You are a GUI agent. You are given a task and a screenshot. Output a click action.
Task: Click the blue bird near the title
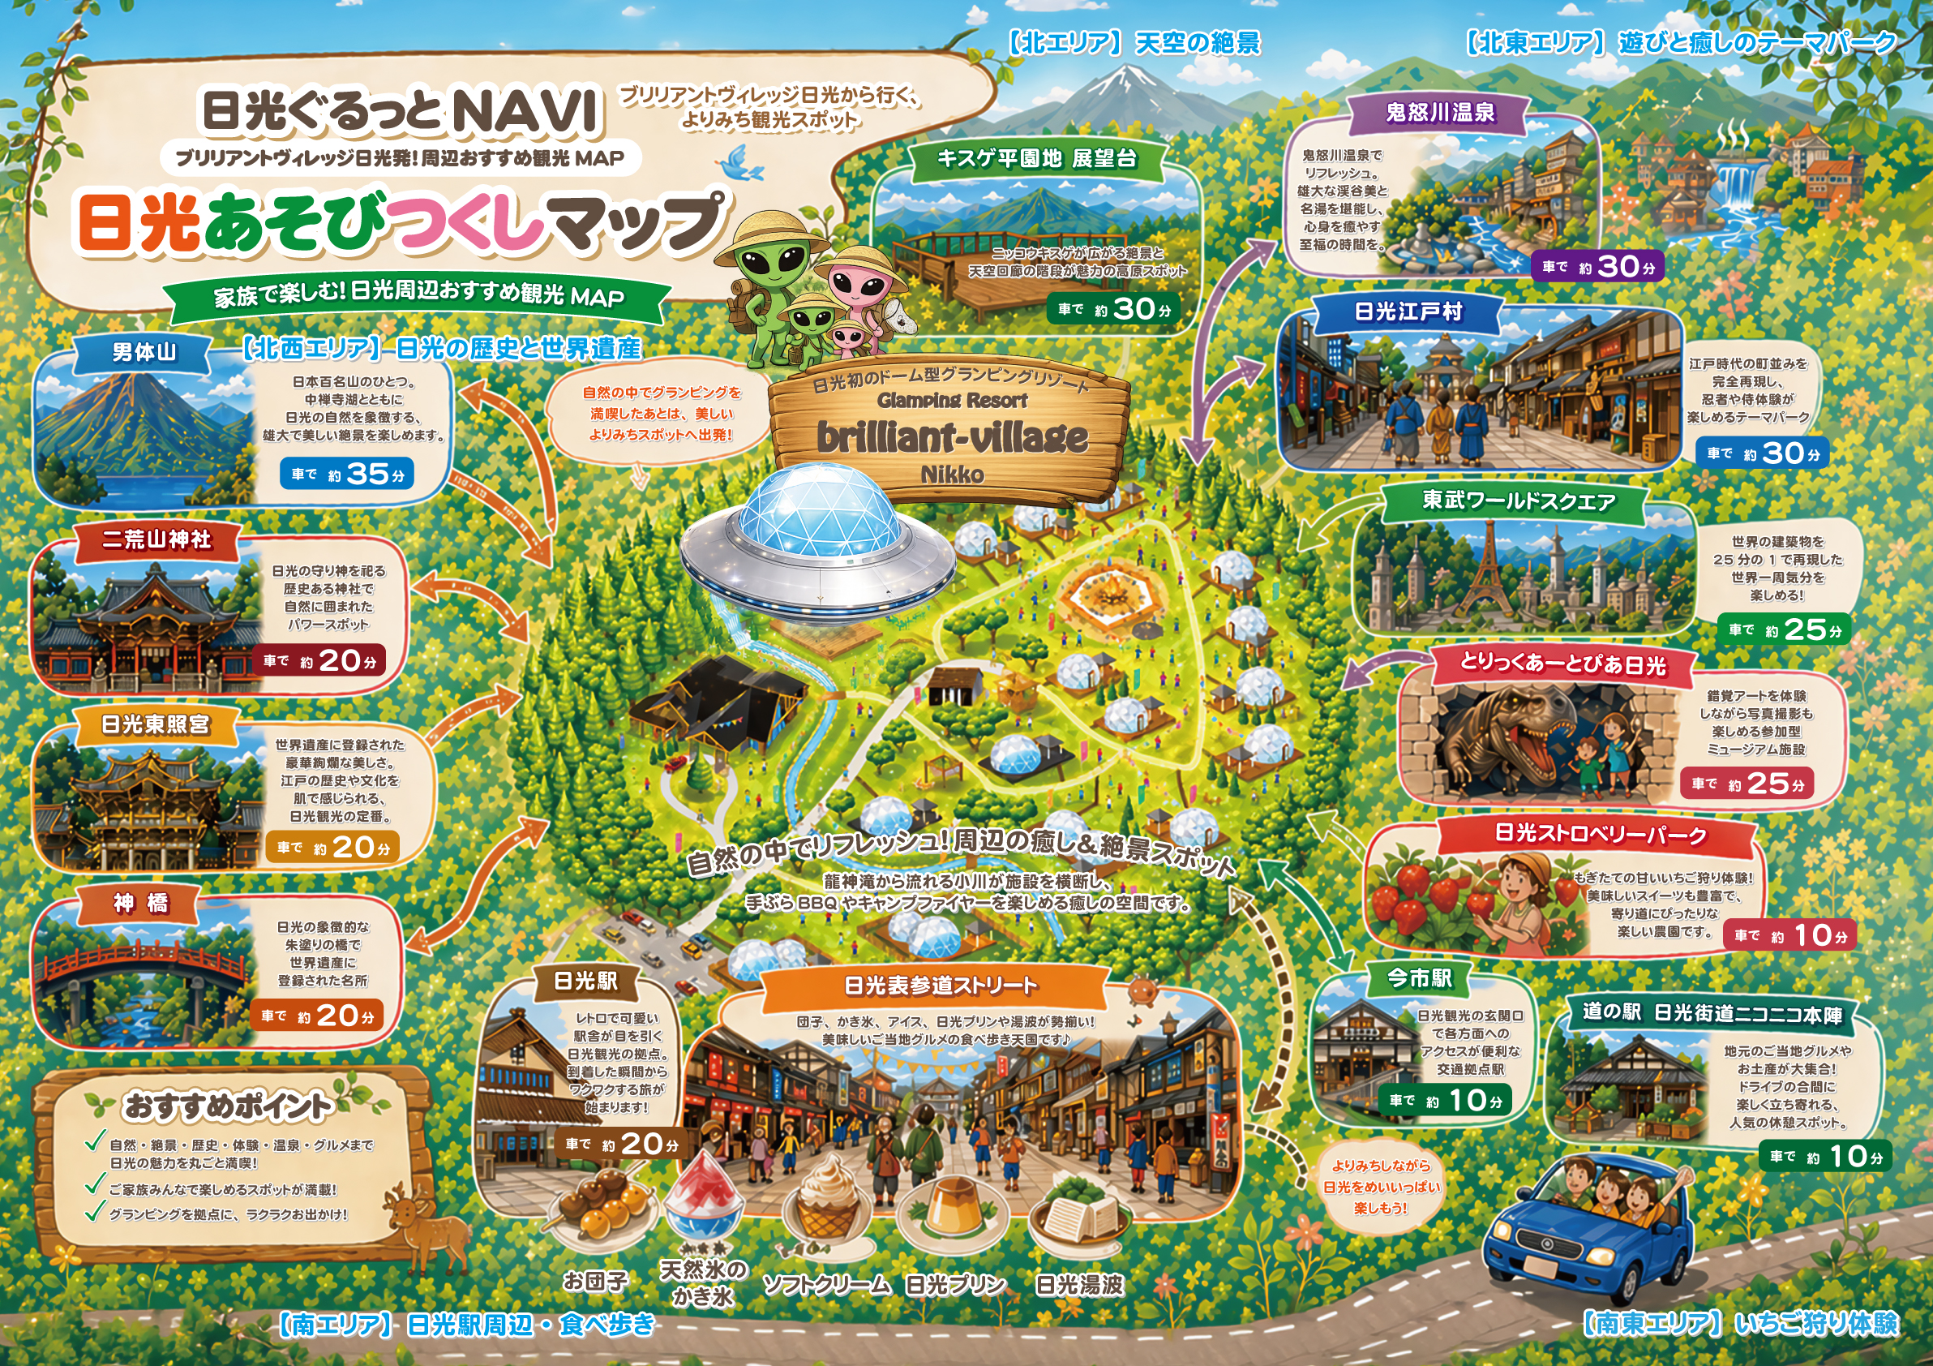(x=741, y=163)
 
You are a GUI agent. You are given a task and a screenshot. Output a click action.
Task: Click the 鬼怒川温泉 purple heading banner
(x=1440, y=113)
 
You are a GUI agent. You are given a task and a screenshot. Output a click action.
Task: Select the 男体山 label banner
(x=144, y=352)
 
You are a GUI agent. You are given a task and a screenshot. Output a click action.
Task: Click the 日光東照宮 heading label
(x=156, y=724)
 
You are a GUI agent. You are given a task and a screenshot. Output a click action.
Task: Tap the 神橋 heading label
(x=141, y=904)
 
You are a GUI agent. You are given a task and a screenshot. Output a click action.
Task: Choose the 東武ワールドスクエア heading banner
(x=1519, y=501)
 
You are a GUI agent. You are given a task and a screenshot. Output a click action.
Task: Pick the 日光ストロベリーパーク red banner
(x=1600, y=834)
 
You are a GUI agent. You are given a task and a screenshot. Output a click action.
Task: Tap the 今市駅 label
(x=1420, y=977)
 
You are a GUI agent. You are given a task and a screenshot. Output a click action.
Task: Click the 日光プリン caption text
(x=954, y=1285)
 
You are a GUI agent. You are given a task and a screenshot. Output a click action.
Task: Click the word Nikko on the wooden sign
(x=951, y=475)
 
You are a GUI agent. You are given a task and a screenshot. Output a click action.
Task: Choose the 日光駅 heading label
(x=586, y=982)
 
